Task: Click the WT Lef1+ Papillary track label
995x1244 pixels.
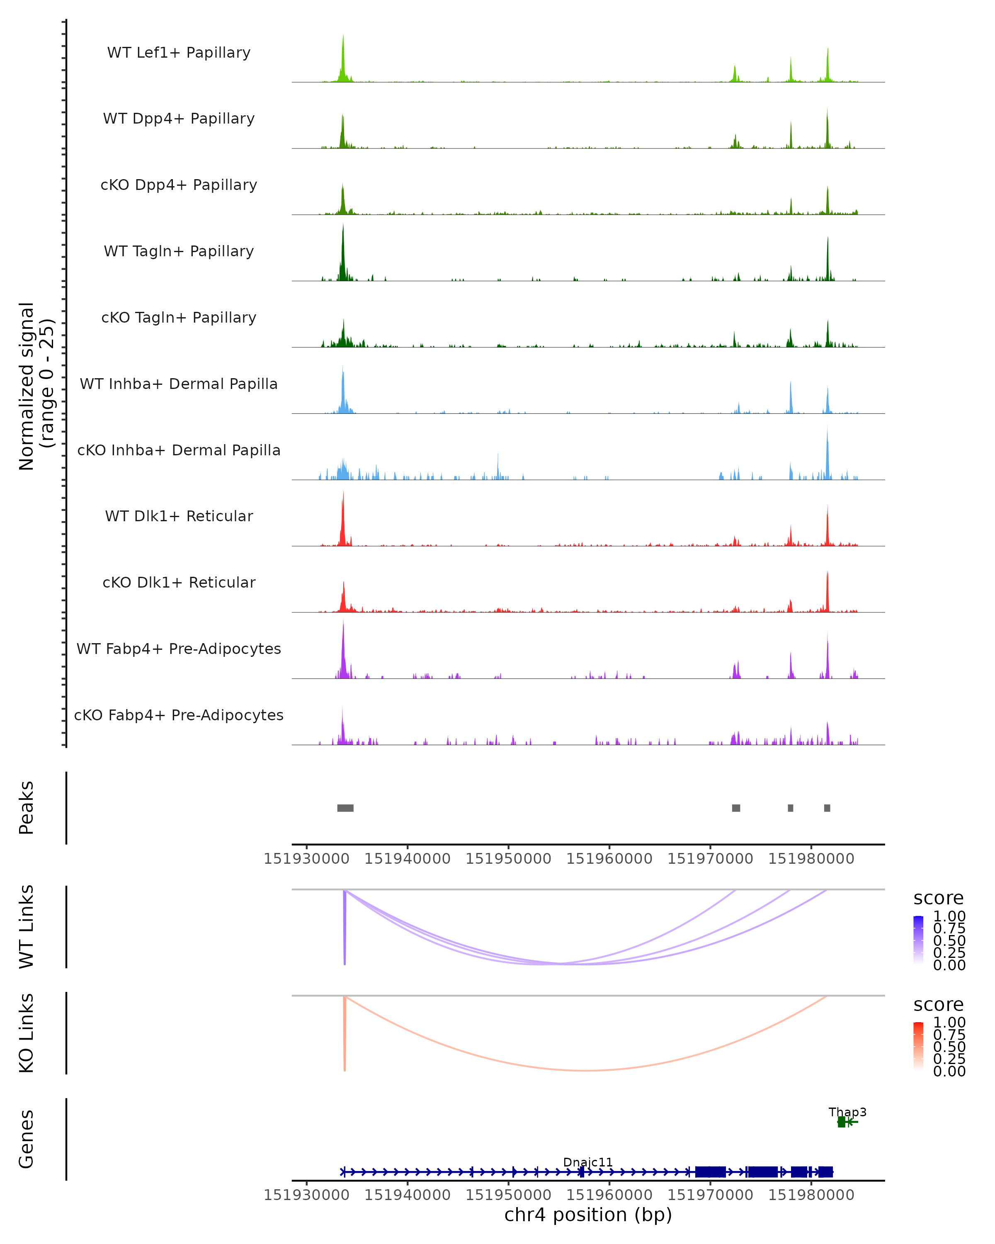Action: [x=179, y=53]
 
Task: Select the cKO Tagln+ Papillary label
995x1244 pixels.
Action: [x=179, y=317]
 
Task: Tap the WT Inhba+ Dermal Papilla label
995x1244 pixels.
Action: [x=179, y=384]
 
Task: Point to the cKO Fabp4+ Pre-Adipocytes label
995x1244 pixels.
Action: [x=179, y=715]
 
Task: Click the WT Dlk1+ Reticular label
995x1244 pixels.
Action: [x=179, y=516]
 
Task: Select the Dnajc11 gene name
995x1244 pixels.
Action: [x=588, y=1162]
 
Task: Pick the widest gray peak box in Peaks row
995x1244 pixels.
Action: [x=345, y=808]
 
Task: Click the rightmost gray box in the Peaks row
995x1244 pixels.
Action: [x=827, y=808]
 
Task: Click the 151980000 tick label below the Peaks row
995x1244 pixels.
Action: [x=811, y=859]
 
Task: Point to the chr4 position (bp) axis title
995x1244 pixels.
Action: [x=588, y=1215]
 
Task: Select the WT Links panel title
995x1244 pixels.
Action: [x=27, y=927]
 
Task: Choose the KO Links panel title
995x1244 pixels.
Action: [x=27, y=1033]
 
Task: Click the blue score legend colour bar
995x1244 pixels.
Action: [x=918, y=939]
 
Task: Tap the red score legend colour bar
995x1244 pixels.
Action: [x=918, y=1045]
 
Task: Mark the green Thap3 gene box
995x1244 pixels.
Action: [x=842, y=1122]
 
